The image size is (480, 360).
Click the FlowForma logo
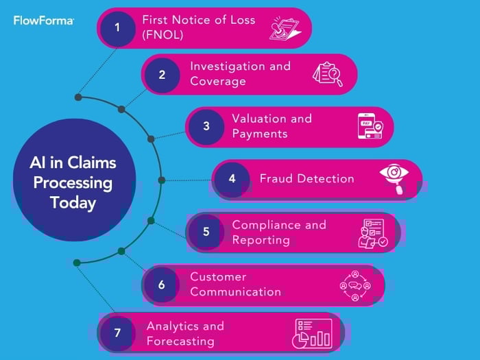click(43, 21)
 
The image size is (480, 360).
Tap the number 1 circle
click(117, 27)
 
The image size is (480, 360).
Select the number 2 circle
click(162, 75)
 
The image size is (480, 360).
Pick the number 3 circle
click(206, 126)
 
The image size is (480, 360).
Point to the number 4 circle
click(232, 179)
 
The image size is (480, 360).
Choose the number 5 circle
click(206, 232)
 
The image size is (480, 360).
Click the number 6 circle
click(162, 284)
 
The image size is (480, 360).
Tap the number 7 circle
click(117, 333)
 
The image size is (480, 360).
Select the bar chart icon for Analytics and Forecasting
click(313, 333)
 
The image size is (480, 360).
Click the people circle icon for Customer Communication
click(355, 284)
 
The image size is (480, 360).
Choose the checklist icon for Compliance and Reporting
click(373, 232)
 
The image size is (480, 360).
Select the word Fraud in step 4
click(276, 178)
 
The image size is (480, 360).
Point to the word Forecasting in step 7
click(180, 341)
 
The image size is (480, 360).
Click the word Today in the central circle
click(73, 203)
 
